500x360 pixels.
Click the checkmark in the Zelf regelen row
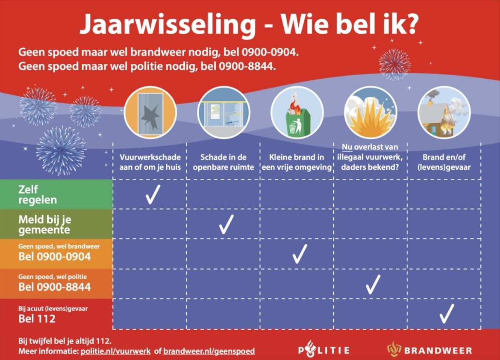[x=153, y=195]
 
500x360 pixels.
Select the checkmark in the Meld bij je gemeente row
[x=226, y=224]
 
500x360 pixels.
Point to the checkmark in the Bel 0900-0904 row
[x=300, y=254]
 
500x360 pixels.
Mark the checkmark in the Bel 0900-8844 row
[x=373, y=284]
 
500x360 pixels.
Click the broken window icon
[x=150, y=112]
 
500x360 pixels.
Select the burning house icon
[x=444, y=112]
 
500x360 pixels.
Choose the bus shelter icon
[x=223, y=112]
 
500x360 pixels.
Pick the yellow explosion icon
[x=371, y=112]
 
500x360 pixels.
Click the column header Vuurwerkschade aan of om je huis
[x=150, y=162]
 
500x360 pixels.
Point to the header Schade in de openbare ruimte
[x=223, y=162]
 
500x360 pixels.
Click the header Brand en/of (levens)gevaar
[x=444, y=162]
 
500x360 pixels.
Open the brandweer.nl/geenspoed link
[x=209, y=351]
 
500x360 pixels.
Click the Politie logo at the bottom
[x=324, y=350]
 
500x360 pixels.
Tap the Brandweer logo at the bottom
[x=429, y=350]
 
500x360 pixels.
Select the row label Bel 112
[x=37, y=319]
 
